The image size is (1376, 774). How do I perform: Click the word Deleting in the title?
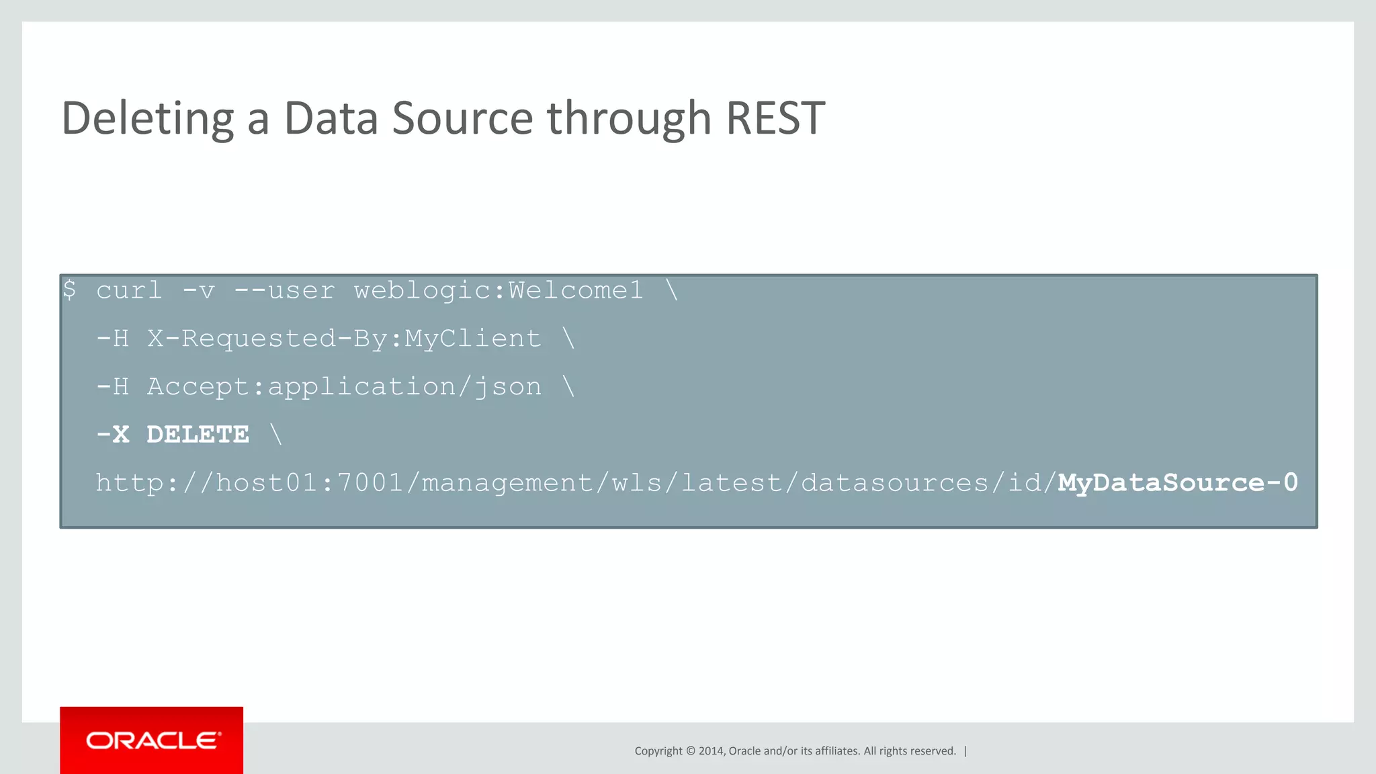coord(147,118)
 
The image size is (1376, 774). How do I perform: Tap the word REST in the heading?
coord(775,118)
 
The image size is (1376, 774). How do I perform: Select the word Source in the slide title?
coord(462,118)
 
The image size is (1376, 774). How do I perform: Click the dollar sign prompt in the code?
coord(69,290)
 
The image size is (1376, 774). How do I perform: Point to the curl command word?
coord(129,290)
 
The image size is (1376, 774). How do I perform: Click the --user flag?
coord(284,290)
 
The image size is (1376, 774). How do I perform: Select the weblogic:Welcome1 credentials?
coord(499,290)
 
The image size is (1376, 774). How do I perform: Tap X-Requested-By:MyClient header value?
coord(344,339)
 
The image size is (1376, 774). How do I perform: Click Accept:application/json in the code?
coord(344,387)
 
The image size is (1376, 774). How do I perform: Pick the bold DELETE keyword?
coord(198,435)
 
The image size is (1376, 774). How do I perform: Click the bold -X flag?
coord(112,435)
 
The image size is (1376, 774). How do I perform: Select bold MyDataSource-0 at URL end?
coord(1177,483)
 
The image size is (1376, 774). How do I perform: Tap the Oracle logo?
coord(152,740)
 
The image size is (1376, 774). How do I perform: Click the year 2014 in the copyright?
coord(711,751)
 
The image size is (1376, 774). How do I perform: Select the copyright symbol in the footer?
coord(689,751)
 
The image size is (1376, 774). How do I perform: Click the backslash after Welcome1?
coord(672,290)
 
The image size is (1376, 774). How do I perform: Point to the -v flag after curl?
coord(198,290)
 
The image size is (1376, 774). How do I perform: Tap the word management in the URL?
coord(507,483)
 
